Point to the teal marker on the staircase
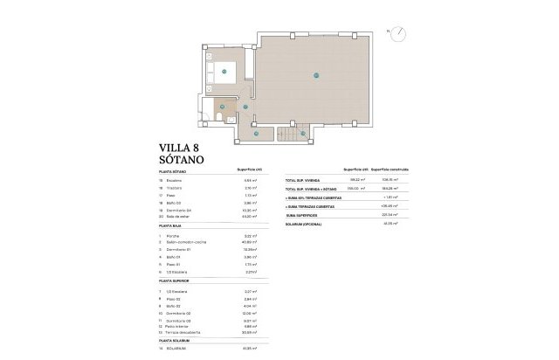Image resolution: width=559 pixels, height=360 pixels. coord(302,133)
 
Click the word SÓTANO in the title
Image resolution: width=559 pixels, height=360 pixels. coord(181,161)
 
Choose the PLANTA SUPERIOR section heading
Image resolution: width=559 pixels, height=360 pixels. coord(174,281)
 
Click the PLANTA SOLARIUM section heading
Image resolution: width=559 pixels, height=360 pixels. coord(174,340)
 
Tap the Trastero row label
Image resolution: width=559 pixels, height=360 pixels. coord(175,188)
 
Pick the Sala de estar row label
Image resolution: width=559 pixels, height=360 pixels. coord(178,216)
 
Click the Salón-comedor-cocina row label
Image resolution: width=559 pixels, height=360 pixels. coord(187,242)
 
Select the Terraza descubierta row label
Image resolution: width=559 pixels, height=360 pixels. coord(184,332)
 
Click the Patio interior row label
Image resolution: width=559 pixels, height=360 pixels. coord(178,326)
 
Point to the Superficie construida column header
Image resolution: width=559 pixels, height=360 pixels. coord(390,170)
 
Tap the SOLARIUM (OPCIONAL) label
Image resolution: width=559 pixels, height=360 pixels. coord(305,225)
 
